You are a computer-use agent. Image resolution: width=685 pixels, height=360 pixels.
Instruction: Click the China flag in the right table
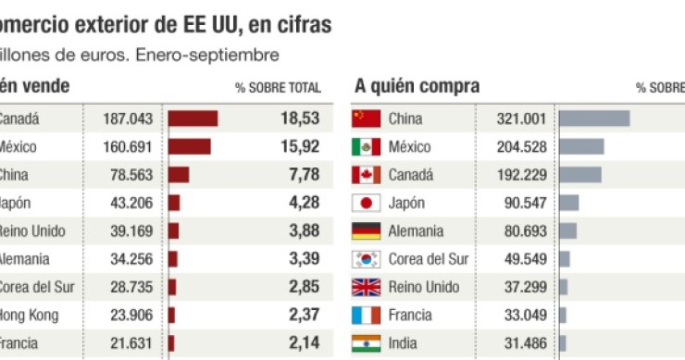pos(367,118)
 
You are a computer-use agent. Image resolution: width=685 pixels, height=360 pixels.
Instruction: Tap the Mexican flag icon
pos(367,146)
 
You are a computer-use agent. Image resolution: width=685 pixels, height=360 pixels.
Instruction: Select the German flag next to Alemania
pos(367,231)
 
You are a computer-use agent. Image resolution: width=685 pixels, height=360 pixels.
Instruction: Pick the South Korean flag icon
pos(367,259)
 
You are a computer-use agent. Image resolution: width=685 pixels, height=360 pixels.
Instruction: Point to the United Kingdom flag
pos(367,287)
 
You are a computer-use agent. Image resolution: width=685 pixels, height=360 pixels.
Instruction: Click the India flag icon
pos(367,343)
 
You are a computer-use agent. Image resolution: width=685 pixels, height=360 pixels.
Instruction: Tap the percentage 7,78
pos(301,174)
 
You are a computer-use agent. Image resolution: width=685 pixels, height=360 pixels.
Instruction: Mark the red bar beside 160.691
pos(189,146)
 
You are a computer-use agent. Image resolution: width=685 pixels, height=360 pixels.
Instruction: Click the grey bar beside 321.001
pos(594,118)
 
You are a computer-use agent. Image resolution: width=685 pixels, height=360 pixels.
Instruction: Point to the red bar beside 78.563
pos(179,174)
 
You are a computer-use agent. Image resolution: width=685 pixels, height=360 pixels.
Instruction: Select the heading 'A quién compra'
pos(417,86)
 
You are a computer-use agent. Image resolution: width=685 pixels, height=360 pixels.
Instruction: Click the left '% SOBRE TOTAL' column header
pos(278,88)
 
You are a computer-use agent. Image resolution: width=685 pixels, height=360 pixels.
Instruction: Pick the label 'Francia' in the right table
pos(410,316)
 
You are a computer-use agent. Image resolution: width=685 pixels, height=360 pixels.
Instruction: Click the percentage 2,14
pos(301,343)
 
